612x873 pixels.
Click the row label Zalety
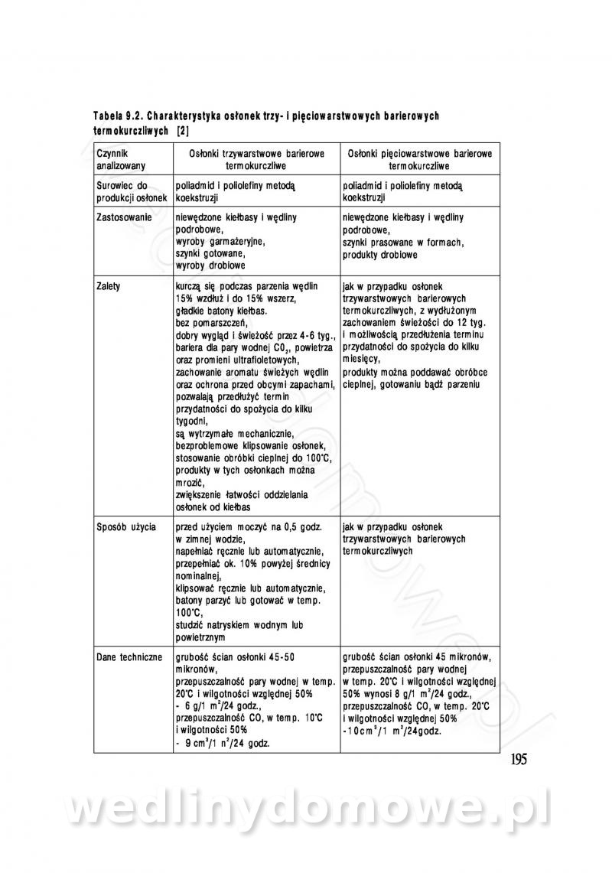(109, 285)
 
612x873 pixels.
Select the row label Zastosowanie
(124, 217)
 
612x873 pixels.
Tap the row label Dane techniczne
(129, 656)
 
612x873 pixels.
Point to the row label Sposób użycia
(126, 527)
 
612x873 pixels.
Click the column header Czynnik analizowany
(117, 159)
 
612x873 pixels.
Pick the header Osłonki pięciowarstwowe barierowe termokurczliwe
(418, 159)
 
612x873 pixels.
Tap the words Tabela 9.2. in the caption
(118, 116)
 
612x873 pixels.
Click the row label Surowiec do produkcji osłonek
(125, 191)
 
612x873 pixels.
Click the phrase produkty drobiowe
(379, 253)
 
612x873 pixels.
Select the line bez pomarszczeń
(209, 323)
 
